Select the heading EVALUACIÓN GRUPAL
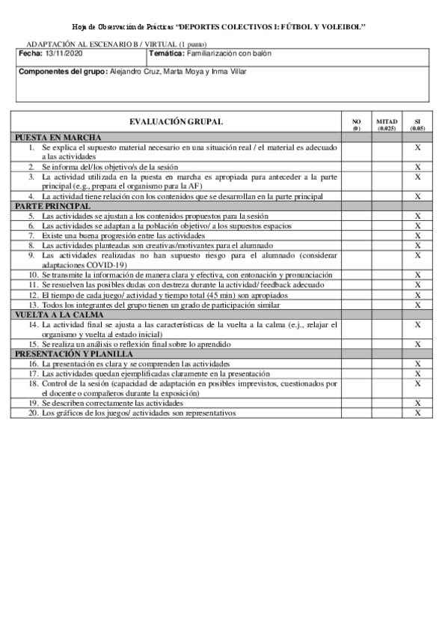pyautogui.click(x=176, y=122)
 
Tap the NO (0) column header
pyautogui.click(x=356, y=124)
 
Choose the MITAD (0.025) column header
pyautogui.click(x=387, y=124)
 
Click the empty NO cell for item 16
pyautogui.click(x=356, y=363)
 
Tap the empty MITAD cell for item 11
pyautogui.click(x=387, y=285)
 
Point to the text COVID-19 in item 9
pyautogui.click(x=108, y=265)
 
